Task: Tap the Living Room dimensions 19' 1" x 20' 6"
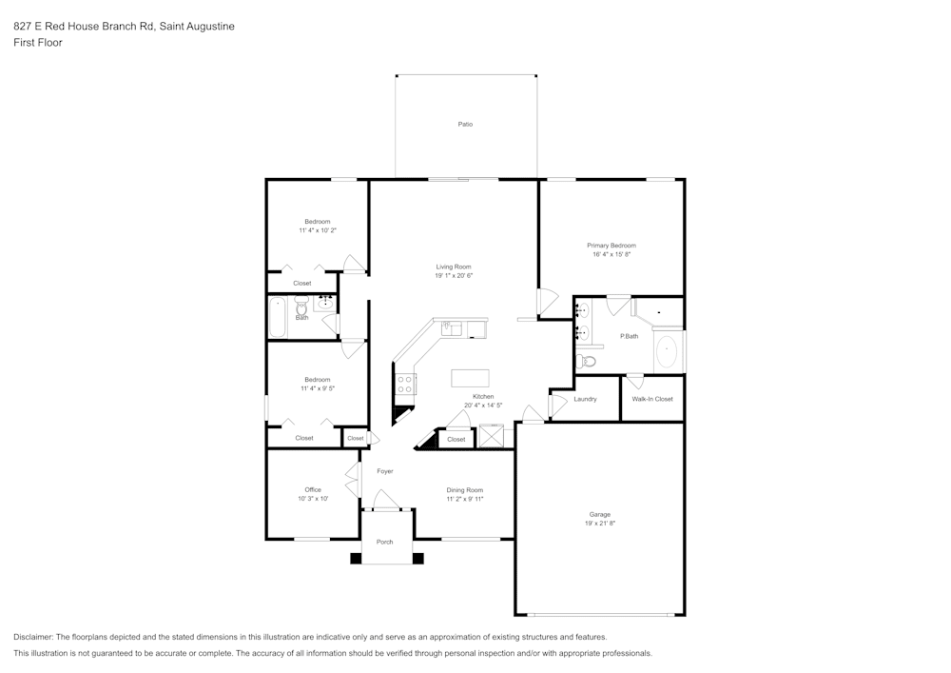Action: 454,276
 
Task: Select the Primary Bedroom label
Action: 611,246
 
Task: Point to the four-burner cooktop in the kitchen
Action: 405,384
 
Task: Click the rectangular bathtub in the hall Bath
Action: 278,318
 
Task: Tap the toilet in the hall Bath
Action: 301,307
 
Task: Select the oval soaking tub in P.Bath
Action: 668,351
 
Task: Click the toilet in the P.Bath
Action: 587,362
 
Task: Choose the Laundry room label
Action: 585,399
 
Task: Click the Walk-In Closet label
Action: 652,399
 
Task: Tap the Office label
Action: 313,490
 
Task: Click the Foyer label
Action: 385,471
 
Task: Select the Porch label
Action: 385,542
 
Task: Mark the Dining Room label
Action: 465,490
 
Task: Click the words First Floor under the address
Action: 38,43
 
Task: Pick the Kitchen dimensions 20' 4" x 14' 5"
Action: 483,406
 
